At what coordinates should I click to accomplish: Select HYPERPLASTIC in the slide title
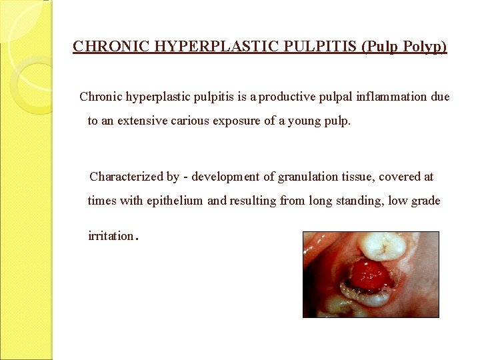189,47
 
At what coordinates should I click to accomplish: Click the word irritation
111,237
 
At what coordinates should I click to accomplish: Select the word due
440,97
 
